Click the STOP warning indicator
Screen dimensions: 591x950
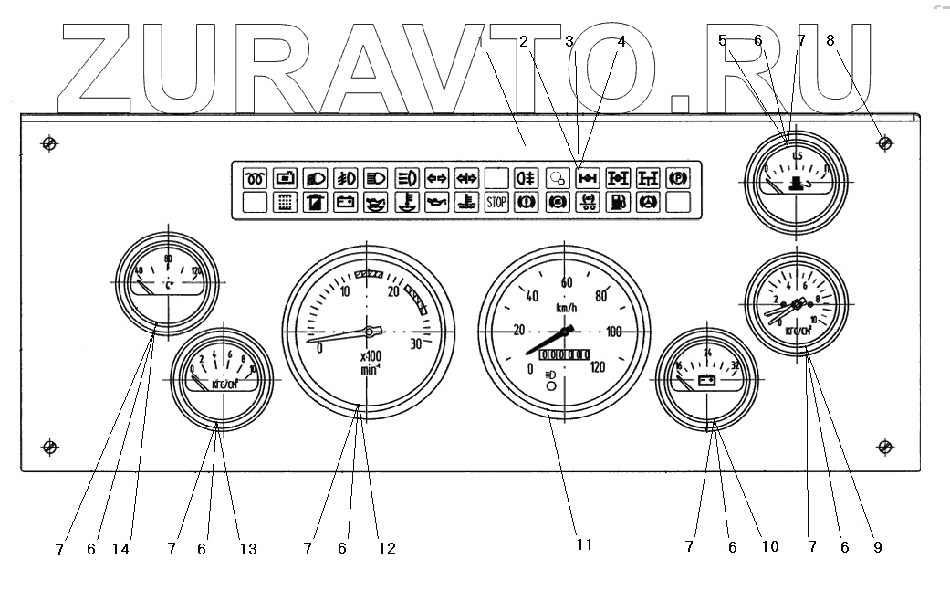496,203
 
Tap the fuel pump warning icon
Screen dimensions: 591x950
618,203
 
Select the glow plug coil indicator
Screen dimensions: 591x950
255,177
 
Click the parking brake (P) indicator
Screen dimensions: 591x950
678,177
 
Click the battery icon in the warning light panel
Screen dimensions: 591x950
345,203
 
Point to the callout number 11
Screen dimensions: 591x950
584,545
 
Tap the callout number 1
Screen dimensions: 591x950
480,40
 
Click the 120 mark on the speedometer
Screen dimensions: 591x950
599,367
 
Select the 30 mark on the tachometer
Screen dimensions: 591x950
416,344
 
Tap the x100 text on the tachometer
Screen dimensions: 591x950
371,356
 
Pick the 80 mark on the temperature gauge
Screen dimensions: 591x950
168,259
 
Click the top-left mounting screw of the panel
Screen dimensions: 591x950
50,143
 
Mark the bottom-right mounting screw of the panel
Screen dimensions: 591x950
883,446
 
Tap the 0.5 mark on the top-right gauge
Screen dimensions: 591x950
798,156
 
